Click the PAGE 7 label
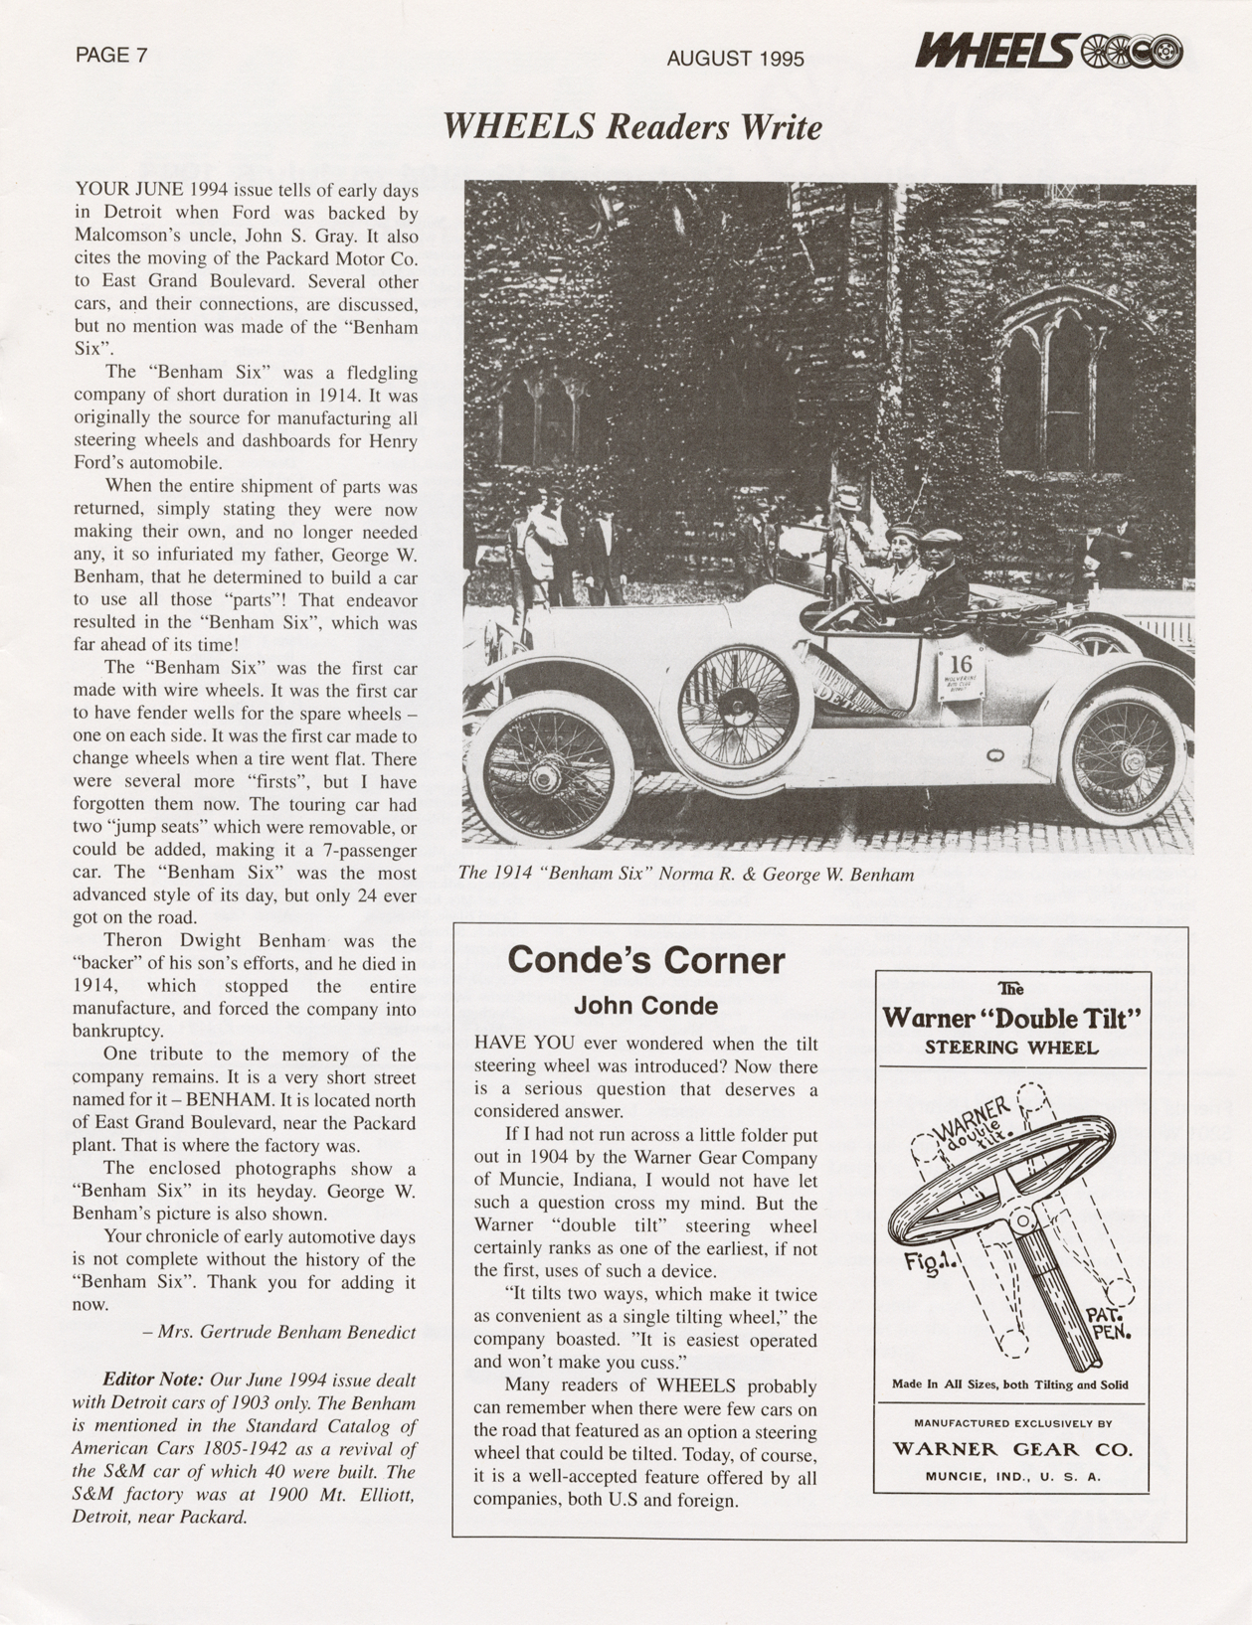[x=111, y=56]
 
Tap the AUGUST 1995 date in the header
[x=735, y=59]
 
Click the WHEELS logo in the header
[x=1048, y=51]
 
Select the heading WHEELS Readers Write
[x=632, y=127]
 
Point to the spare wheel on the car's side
[x=739, y=707]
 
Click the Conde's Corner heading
[x=645, y=960]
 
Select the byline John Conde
[x=645, y=1006]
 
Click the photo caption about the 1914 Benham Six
[x=685, y=874]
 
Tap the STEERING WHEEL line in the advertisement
[x=1011, y=1047]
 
